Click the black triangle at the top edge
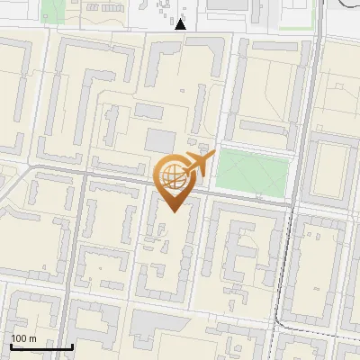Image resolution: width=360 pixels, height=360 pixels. tap(181, 24)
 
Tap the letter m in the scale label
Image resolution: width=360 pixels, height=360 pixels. tap(32, 338)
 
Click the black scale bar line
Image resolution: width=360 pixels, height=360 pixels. tap(41, 346)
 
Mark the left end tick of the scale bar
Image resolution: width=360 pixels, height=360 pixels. tap(11, 345)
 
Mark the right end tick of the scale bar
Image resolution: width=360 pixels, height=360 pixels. tap(72, 345)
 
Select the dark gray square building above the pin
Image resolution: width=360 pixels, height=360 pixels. tap(161, 140)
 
